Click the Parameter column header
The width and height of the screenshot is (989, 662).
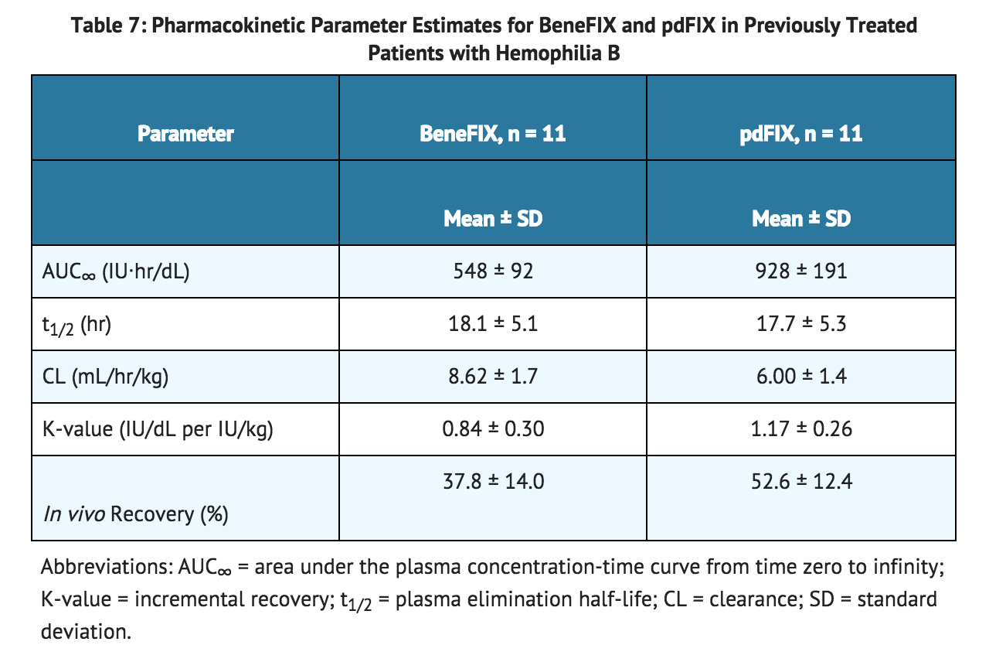185,134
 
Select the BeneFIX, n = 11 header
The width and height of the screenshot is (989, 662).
493,134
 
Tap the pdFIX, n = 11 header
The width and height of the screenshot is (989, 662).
800,134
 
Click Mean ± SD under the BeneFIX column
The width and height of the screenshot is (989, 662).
493,219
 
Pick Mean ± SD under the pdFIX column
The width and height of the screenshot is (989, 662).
800,219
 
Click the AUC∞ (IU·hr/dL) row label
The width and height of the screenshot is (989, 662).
116,271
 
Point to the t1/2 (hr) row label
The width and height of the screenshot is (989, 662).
77,325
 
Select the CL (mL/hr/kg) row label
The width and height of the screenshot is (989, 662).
106,377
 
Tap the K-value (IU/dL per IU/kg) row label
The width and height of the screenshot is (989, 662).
158,428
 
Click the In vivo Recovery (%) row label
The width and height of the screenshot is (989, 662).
135,514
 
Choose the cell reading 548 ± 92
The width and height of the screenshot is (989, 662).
493,271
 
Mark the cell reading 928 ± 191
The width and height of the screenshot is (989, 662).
800,271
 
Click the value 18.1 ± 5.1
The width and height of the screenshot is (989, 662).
493,323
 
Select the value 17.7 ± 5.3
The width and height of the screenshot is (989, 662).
800,323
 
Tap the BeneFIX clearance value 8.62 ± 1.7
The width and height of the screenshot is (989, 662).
493,377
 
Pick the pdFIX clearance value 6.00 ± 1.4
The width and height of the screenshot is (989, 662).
800,377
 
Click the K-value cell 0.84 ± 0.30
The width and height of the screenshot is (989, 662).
493,428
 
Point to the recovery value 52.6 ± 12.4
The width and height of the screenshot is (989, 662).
800,481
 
